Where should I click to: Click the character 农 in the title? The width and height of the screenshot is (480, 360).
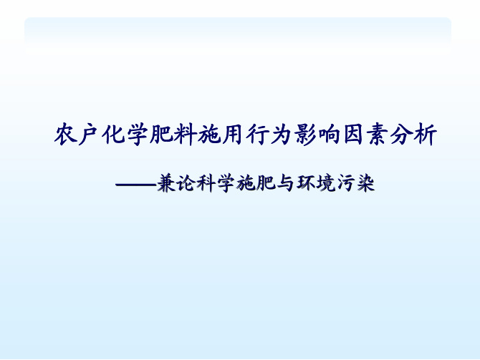65,135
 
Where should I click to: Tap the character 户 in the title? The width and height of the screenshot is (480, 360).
89,135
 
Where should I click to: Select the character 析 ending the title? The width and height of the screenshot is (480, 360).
426,135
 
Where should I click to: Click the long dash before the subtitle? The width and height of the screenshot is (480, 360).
136,185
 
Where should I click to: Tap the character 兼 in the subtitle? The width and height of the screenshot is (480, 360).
167,183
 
